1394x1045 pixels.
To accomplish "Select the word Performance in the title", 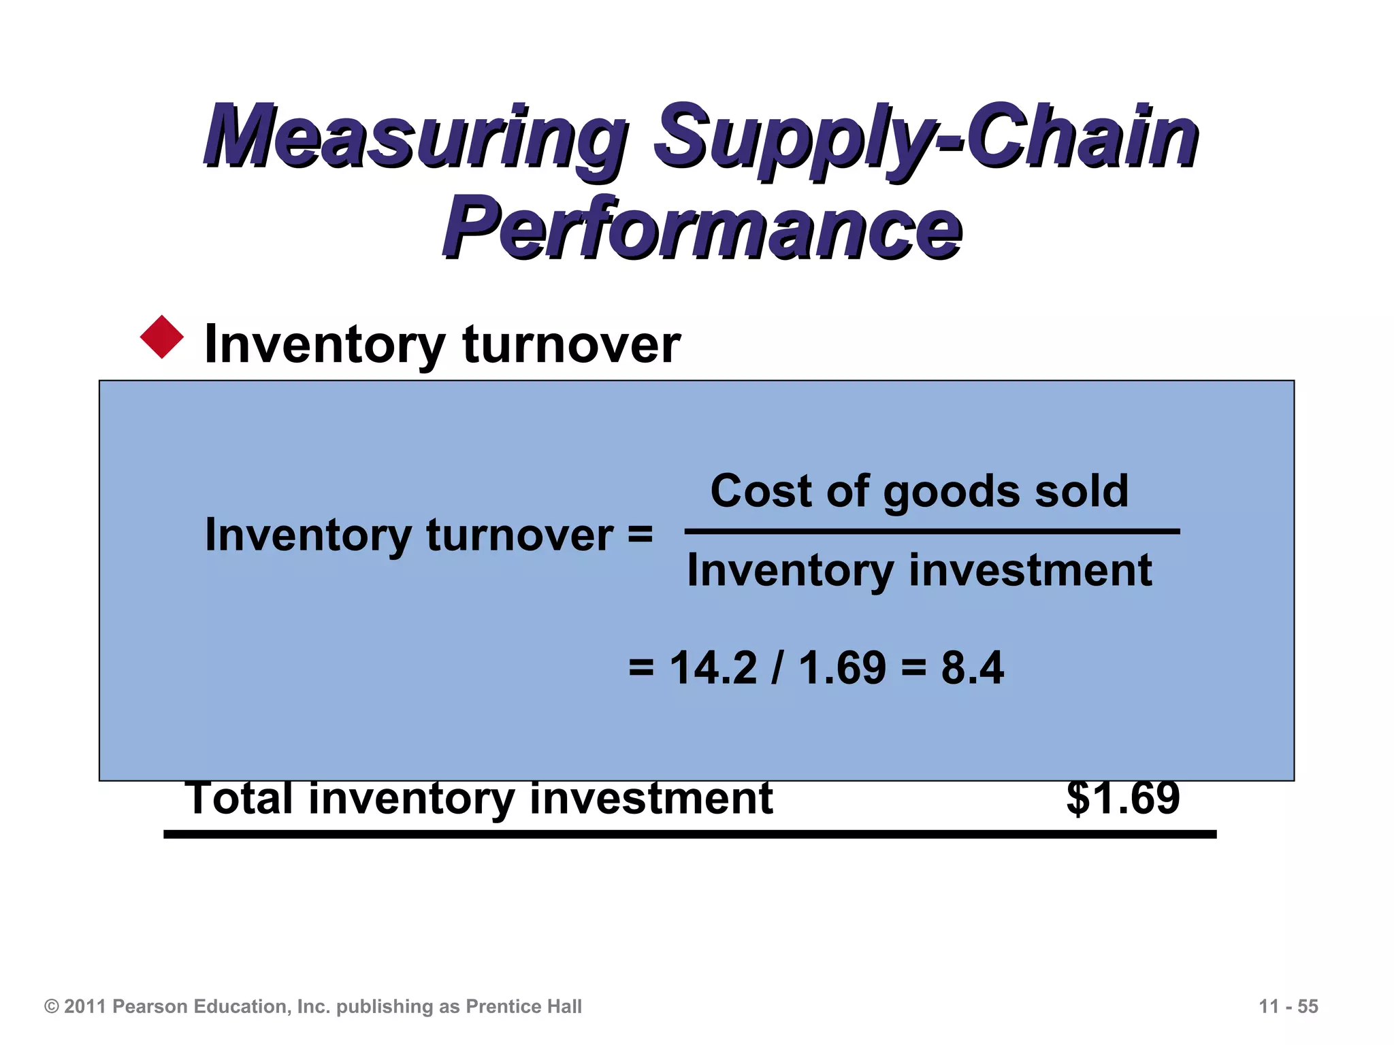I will [701, 228].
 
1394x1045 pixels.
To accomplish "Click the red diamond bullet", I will [162, 337].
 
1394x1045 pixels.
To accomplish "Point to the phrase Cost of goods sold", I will [919, 491].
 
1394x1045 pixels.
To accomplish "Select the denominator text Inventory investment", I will [919, 570].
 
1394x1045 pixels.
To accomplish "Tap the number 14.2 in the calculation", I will [713, 668].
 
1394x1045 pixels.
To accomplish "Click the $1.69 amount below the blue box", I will [1123, 799].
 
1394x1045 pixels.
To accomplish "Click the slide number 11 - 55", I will [1288, 1007].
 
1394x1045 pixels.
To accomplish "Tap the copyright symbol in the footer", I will [52, 1007].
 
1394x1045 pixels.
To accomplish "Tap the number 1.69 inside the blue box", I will [842, 668].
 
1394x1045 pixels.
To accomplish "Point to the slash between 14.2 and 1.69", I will [777, 668].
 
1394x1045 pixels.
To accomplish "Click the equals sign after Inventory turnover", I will [640, 535].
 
